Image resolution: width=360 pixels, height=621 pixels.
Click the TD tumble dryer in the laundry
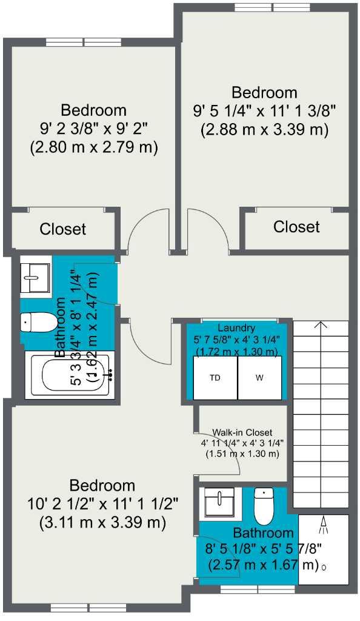click(x=215, y=378)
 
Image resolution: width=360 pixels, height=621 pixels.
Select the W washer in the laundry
click(x=259, y=378)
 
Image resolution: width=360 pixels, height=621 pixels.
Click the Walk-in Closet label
click(x=242, y=432)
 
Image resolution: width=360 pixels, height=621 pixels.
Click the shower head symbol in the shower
click(x=324, y=526)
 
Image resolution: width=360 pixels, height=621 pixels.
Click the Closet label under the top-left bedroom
click(x=63, y=229)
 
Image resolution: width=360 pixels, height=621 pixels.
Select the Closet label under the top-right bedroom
click(x=296, y=227)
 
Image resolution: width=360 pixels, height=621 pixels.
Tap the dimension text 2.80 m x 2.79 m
click(x=94, y=147)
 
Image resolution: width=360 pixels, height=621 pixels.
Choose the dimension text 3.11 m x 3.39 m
click(x=102, y=522)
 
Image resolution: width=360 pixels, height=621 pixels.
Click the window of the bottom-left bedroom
click(x=79, y=607)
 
